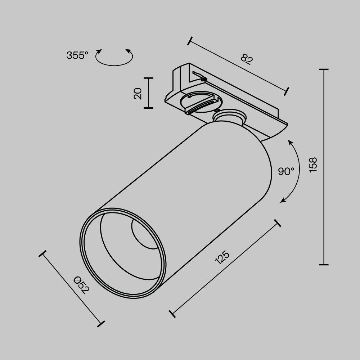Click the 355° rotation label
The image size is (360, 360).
pos(77,55)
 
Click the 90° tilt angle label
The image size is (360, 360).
pos(286,171)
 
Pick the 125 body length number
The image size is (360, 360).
pos(222,258)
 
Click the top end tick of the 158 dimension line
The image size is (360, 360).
pos(324,69)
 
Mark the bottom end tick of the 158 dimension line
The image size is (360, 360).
pos(324,264)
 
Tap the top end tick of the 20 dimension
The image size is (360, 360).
pos(148,78)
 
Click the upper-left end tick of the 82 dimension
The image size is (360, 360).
pos(190,41)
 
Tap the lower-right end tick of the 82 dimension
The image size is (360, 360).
pos(287,91)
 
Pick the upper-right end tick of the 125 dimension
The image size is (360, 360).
pos(277,223)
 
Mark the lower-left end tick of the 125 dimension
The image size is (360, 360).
pos(172,313)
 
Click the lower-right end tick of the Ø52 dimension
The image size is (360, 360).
pos(102,323)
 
